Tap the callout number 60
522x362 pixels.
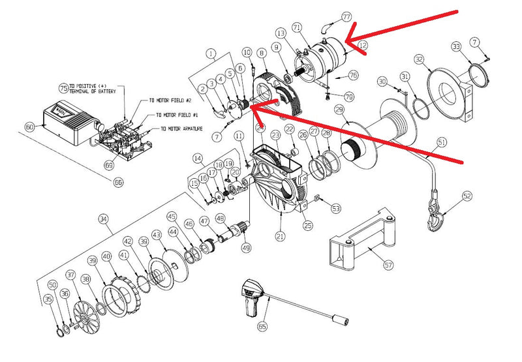pos(29,127)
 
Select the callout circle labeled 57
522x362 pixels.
pos(388,265)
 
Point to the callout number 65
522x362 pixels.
pos(262,325)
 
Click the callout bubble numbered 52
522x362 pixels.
pos(467,195)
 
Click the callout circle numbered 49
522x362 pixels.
pos(245,247)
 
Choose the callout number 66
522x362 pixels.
pos(118,182)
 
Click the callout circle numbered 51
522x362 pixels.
pos(442,142)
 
